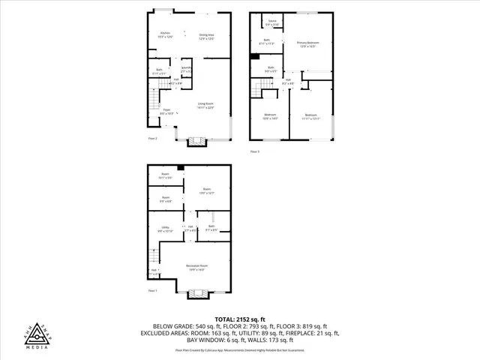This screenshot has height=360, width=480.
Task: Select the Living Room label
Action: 207,106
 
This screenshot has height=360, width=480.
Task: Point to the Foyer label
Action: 166,112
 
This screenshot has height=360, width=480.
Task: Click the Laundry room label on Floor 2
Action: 187,70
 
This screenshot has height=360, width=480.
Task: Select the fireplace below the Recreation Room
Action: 197,293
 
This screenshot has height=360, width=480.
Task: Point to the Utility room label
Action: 165,228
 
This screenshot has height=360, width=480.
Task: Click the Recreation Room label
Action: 197,268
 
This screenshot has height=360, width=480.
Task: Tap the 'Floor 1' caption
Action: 152,290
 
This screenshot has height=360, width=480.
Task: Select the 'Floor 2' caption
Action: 152,138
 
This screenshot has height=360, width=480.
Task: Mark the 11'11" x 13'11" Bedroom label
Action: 311,116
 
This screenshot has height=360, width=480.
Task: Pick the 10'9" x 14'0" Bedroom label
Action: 271,116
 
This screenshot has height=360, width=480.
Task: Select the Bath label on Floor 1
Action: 211,228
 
